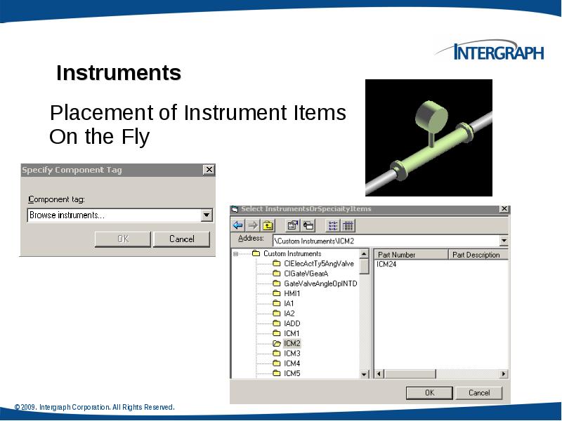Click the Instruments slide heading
tap(119, 73)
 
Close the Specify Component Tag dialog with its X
tap(209, 170)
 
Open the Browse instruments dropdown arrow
tap(207, 215)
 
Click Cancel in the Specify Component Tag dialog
tap(181, 239)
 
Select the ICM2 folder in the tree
tap(292, 344)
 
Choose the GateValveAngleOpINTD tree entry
tap(320, 283)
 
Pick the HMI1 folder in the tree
tap(292, 293)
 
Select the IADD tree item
tap(292, 323)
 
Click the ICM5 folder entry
tap(292, 373)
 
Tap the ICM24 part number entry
tap(386, 265)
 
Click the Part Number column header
tap(396, 255)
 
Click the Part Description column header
tap(476, 255)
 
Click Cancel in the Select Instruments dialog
tap(479, 393)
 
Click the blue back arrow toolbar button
tap(237, 225)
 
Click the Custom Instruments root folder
tap(292, 254)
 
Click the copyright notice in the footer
tap(94, 408)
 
